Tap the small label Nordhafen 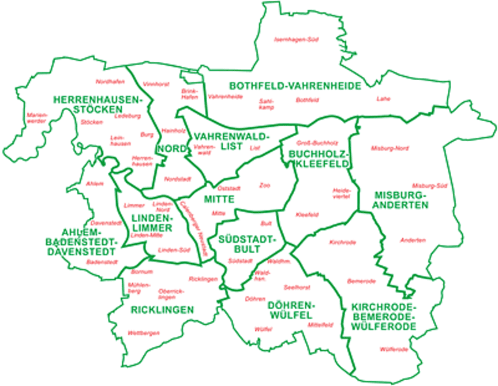109,81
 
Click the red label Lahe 383,100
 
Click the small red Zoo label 264,185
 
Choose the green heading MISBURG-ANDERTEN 401,200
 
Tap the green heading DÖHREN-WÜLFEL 290,310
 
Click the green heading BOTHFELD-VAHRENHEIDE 286,85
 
